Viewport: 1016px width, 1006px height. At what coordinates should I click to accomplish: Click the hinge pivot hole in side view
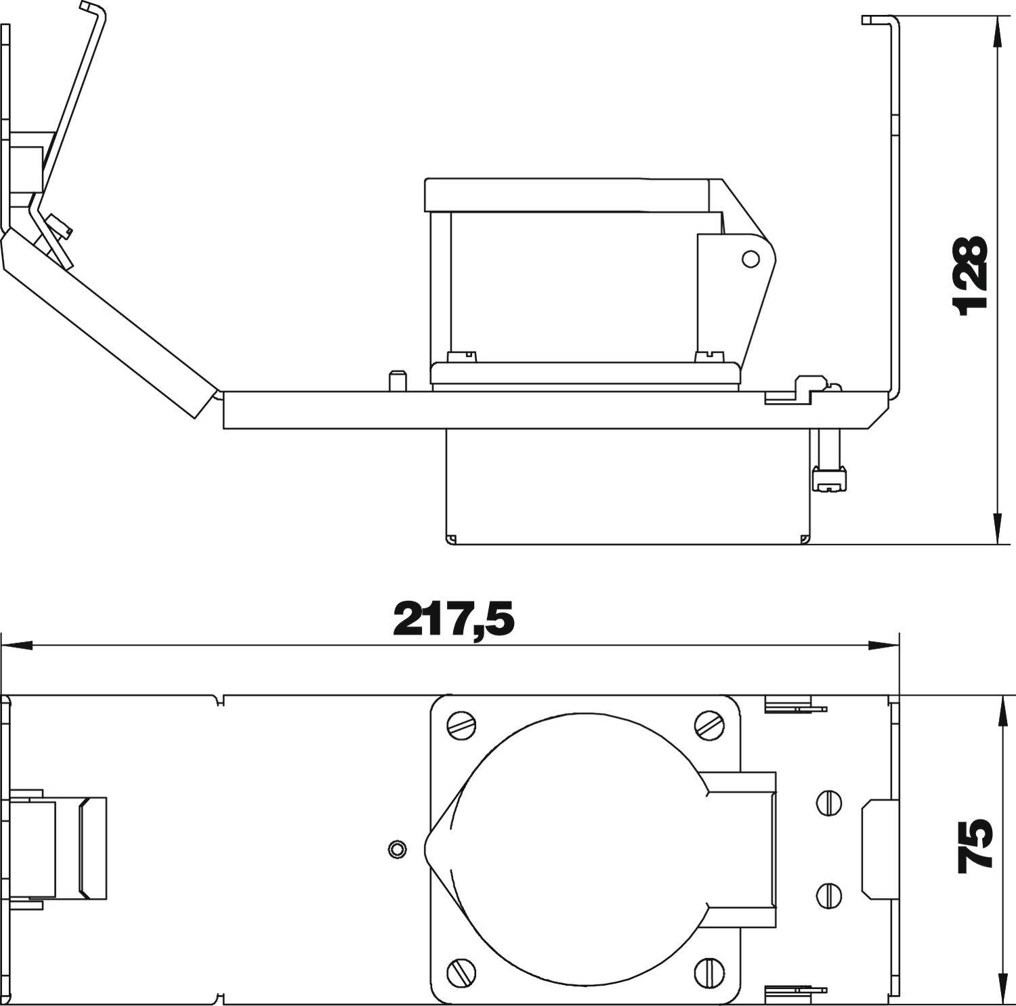click(x=750, y=258)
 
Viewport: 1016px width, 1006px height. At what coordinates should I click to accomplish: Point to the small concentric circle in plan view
click(x=397, y=849)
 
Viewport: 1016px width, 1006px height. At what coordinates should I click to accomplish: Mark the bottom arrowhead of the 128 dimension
click(x=997, y=528)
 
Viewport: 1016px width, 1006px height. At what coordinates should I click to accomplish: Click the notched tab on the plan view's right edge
click(x=874, y=847)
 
